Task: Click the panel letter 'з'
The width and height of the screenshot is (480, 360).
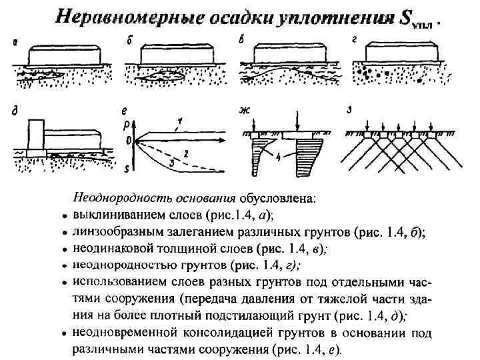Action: (348, 110)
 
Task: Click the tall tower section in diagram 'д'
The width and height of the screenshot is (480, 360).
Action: (35, 136)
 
